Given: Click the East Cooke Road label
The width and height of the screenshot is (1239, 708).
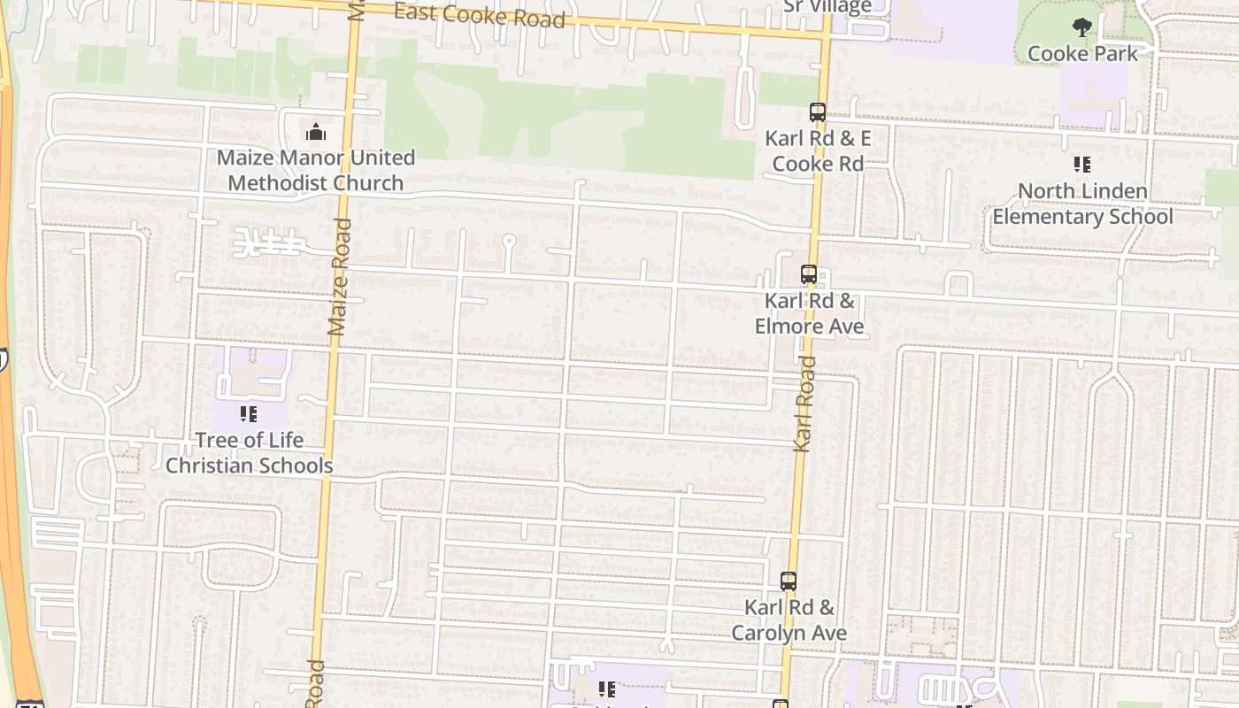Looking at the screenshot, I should coord(479,15).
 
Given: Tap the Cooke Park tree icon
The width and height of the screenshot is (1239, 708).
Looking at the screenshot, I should coord(1081,27).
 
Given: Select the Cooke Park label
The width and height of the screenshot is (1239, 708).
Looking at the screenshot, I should coord(1082,53).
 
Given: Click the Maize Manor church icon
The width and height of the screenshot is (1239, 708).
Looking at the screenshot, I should coord(316,133).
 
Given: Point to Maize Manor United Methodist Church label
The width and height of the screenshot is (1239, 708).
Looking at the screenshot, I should coord(316,170).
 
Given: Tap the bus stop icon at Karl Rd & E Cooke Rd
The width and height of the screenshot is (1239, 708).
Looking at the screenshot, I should coord(818,112).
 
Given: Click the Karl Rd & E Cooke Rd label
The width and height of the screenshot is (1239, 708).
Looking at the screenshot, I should coord(818,151).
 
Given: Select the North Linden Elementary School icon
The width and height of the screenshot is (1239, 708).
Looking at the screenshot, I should coord(1081,165).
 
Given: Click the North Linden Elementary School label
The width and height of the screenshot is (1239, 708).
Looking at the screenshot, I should coord(1082,204).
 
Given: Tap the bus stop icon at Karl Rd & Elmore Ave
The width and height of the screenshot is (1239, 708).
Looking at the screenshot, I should coord(809,274).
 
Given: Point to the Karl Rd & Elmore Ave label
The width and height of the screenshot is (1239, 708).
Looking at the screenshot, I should coord(809,313).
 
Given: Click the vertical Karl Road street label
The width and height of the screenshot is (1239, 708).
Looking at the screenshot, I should coord(804,404).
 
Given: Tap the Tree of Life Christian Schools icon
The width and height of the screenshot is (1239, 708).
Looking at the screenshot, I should coord(249,413).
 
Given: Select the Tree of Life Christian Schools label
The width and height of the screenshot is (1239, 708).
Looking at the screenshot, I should coord(249,452).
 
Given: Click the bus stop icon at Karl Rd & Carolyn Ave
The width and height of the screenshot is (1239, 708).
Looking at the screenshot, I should coord(789,581).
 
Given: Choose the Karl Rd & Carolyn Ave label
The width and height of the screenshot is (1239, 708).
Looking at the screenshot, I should coord(789,620).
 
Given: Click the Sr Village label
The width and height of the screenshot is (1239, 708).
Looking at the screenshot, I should coord(827,7).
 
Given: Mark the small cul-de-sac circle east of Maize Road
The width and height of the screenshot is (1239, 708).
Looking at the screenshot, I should coord(509,240).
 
